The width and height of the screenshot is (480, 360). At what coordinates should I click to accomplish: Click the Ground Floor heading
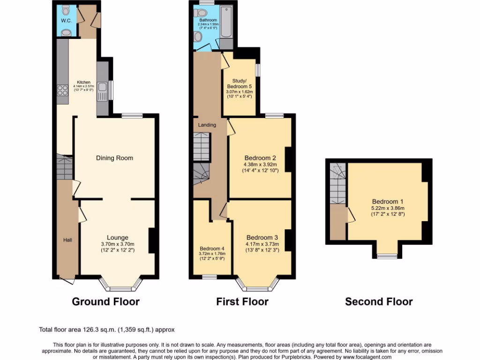tap(105, 301)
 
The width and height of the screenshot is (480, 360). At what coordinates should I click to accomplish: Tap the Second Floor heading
tap(379, 301)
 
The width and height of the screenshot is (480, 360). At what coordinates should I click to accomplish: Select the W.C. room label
tap(65, 21)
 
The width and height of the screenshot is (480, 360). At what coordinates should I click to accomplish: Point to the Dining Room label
tap(114, 158)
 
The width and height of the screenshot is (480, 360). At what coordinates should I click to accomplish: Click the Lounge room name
tap(117, 238)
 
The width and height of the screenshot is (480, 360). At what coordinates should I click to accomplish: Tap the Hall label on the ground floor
tap(68, 240)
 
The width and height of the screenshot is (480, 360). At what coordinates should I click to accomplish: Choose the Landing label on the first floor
tap(207, 125)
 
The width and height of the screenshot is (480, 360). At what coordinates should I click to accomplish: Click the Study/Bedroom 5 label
tap(239, 83)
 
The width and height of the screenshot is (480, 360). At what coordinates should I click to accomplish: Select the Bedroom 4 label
tap(212, 248)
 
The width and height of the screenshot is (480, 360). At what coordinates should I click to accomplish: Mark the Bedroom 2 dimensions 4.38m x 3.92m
tap(260, 165)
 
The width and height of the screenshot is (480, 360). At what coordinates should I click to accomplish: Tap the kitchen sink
tap(102, 90)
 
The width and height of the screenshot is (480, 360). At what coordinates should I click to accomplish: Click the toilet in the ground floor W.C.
tap(66, 9)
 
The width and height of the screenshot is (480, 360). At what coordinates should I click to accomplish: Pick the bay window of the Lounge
tap(120, 285)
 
